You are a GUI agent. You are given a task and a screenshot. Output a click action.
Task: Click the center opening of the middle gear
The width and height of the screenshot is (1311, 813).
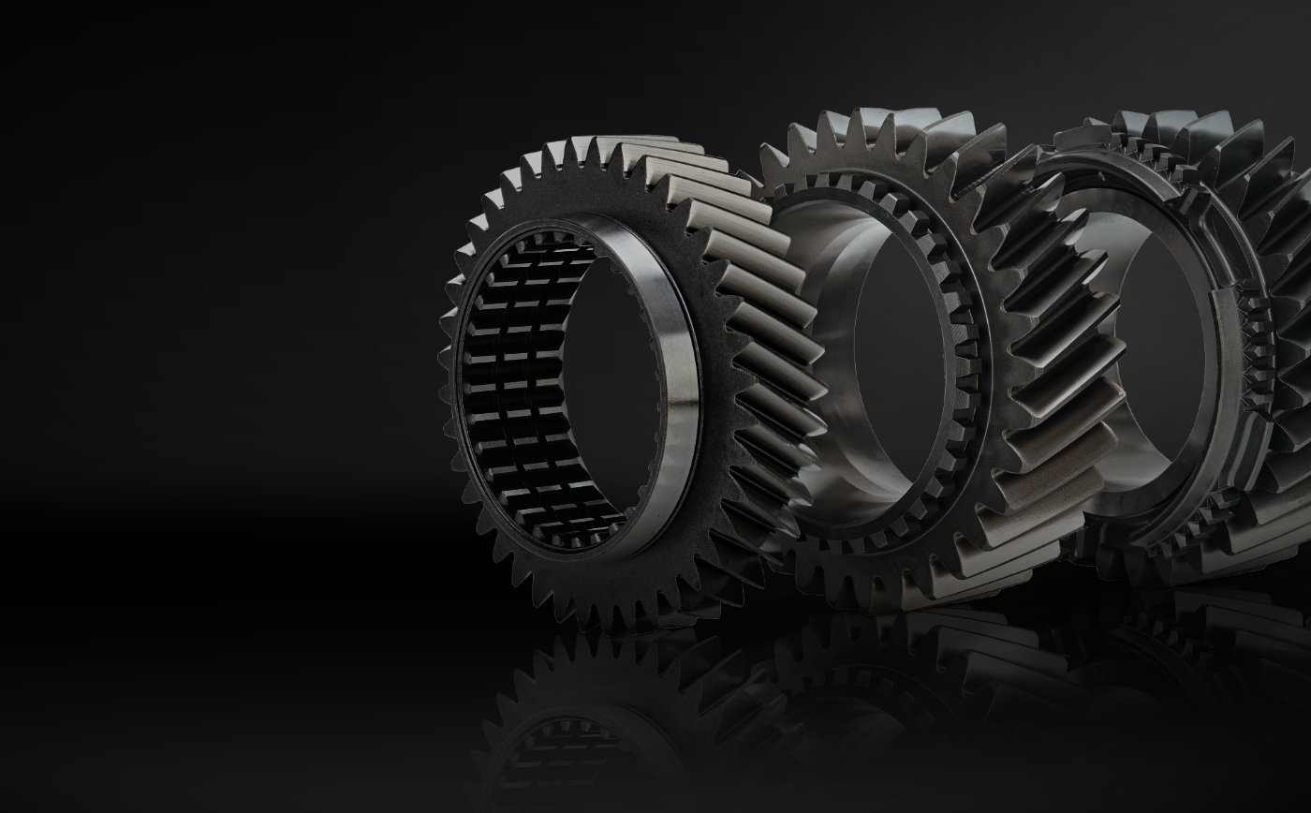899,375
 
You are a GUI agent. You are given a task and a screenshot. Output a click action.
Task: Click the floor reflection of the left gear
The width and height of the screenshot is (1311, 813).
599,721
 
